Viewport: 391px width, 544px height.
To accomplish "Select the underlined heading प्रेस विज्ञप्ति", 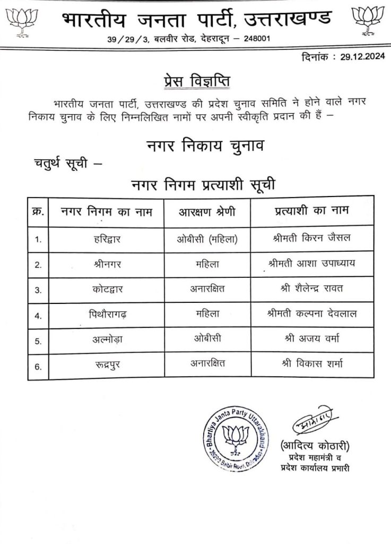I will tap(197, 81).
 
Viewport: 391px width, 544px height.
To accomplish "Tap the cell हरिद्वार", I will tap(107, 239).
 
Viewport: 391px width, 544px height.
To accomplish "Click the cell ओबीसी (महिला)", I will tap(207, 239).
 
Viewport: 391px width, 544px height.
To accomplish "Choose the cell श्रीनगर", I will tap(107, 264).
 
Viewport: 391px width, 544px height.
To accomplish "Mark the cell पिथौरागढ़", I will tap(107, 314).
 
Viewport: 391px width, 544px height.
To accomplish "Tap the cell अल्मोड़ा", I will tap(107, 339).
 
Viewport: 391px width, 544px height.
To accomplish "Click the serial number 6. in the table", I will tap(38, 364).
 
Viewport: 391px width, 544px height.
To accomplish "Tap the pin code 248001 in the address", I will tap(246, 40).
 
